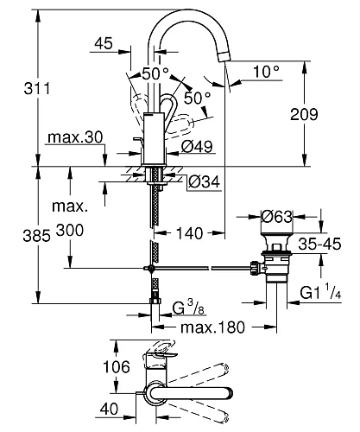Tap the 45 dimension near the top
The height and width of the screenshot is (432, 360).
pyautogui.click(x=105, y=43)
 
